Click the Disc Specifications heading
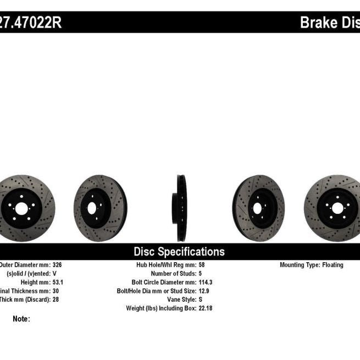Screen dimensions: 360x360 point(179,252)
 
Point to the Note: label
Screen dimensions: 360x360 point(21,319)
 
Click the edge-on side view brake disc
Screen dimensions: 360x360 point(181,208)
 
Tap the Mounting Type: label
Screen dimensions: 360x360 point(299,265)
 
